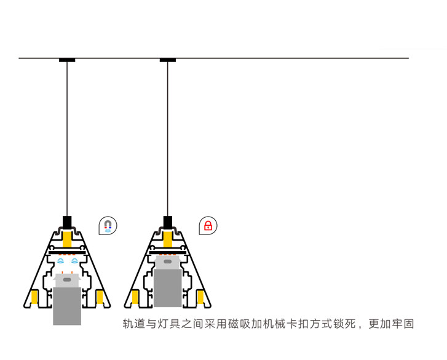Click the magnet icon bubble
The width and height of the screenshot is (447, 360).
[108, 226]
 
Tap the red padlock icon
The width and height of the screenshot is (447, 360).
[208, 226]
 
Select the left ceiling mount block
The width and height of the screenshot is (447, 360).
[67, 60]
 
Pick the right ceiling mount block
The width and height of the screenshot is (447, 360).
[168, 60]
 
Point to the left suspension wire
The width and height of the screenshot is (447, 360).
[67, 139]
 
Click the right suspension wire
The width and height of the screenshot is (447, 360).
[168, 139]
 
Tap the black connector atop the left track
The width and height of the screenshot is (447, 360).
[67, 222]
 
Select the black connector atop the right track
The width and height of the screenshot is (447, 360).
[168, 222]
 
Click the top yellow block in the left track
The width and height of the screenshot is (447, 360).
[67, 239]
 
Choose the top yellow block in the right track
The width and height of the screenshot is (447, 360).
[168, 239]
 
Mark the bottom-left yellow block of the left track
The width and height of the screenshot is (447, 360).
[34, 297]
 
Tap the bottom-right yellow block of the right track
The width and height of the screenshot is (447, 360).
[200, 297]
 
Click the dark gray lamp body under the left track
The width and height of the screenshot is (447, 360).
[67, 306]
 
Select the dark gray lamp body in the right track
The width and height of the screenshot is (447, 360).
[168, 288]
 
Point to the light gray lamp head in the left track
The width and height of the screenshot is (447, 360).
[67, 281]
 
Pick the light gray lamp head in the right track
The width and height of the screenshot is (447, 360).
[168, 262]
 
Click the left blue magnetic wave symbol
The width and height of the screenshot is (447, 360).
[60, 260]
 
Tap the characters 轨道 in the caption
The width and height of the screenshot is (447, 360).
[134, 324]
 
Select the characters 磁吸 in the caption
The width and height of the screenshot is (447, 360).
[239, 324]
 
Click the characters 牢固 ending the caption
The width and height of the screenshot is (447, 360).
[403, 324]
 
